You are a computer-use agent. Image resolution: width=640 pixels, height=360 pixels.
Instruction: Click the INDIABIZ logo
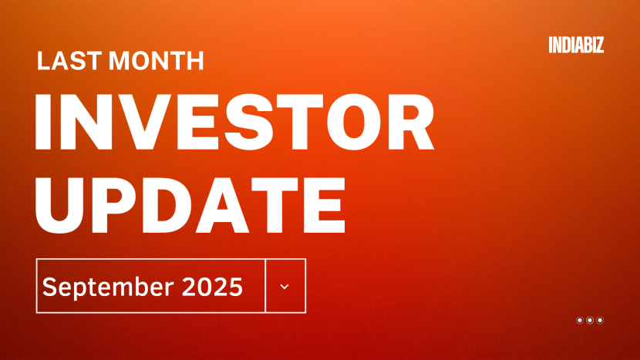576,45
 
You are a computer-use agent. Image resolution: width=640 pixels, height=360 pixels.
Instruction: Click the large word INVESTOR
235,123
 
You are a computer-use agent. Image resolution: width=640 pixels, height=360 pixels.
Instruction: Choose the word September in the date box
107,287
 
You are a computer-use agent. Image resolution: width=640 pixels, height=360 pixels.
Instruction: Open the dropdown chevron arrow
285,286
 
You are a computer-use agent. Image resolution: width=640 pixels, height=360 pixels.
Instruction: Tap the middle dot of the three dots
590,320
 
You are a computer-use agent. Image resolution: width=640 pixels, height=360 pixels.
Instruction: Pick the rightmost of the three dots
600,320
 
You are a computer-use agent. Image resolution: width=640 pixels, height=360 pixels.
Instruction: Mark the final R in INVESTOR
409,123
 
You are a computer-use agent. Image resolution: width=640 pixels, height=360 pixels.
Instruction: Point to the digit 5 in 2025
236,287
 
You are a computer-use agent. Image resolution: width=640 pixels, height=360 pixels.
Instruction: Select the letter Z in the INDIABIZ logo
599,45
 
